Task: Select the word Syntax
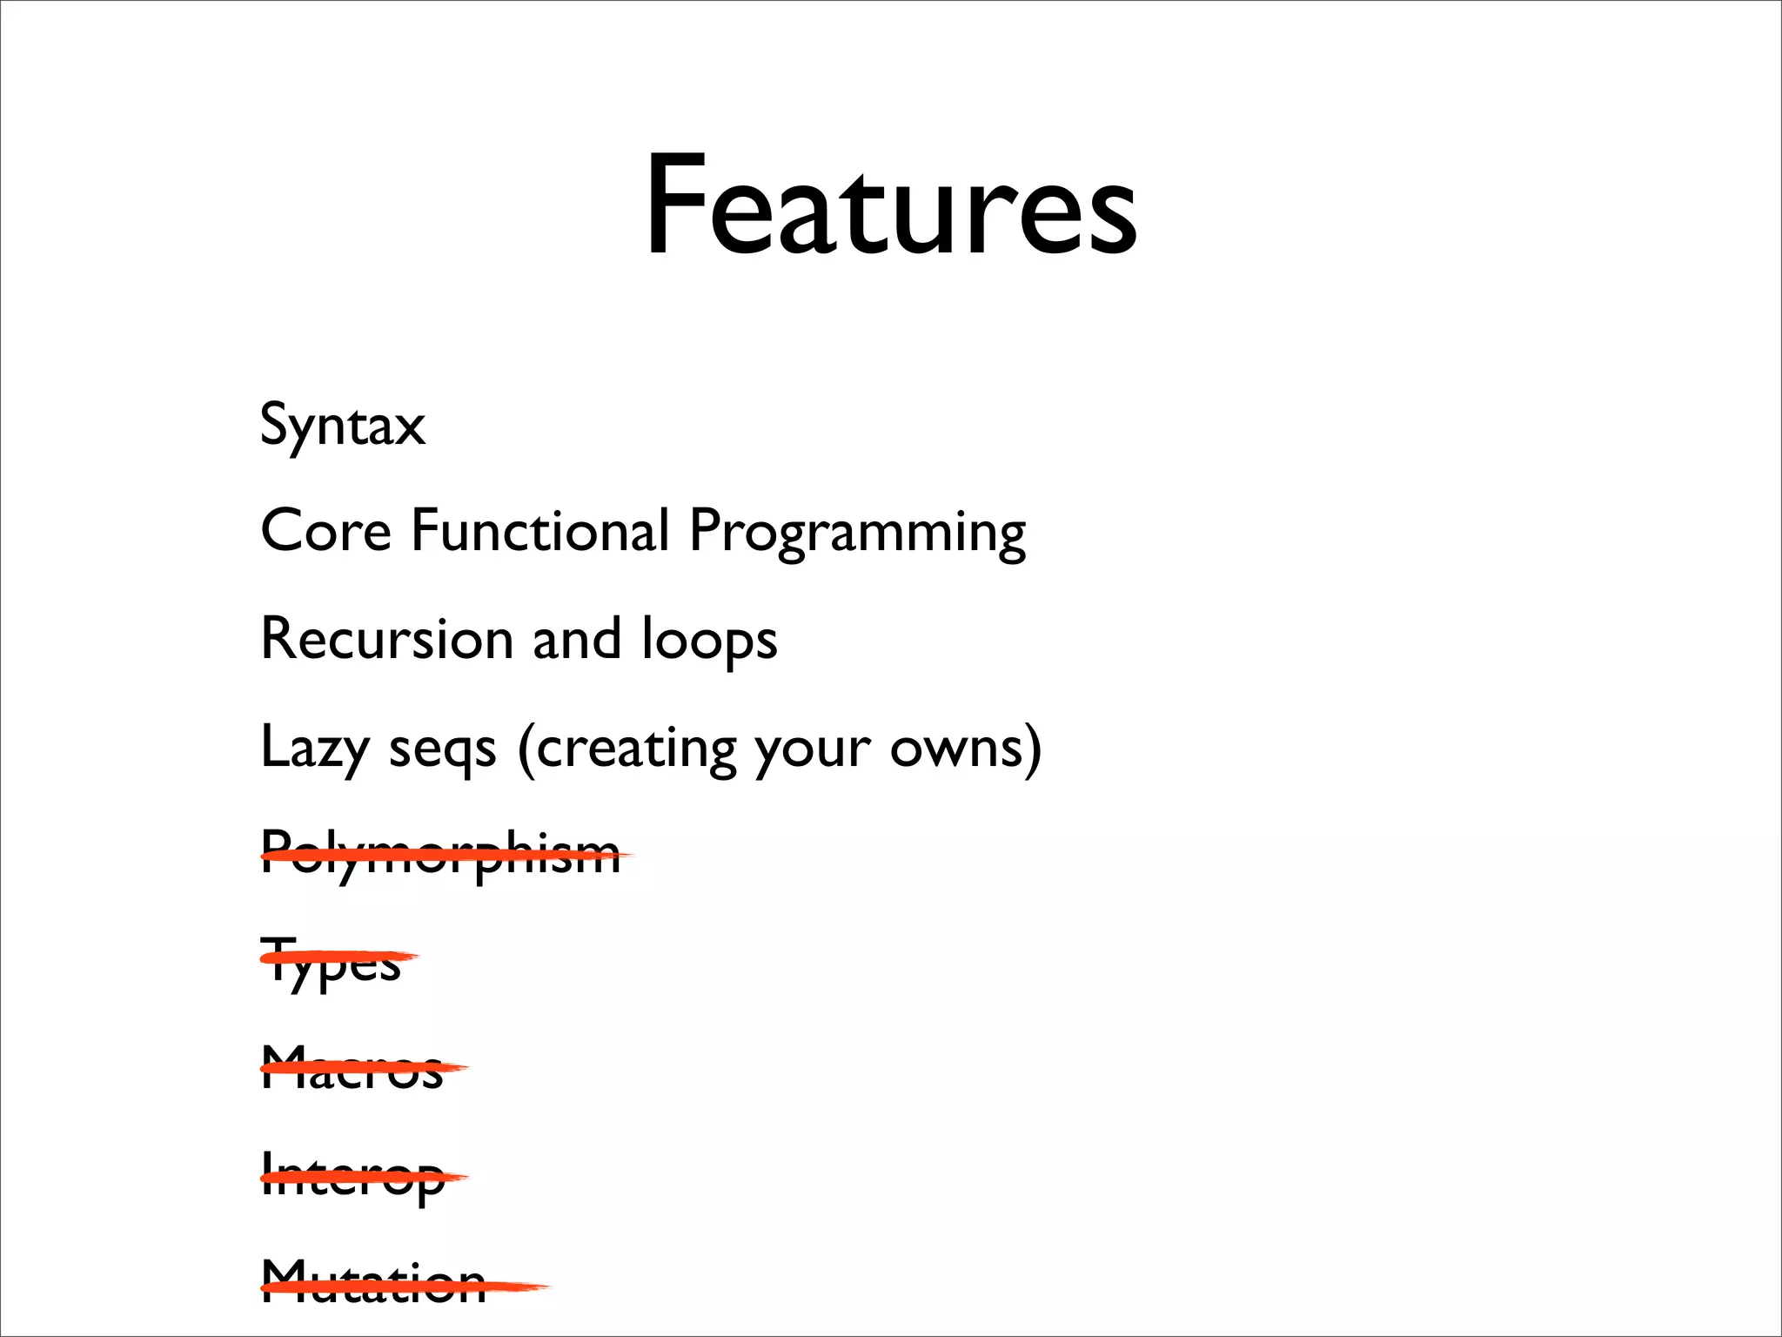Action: [343, 425]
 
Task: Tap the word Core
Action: [325, 530]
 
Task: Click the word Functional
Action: [539, 530]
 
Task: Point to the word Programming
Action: [857, 533]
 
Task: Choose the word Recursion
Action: [387, 638]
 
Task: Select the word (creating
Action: [626, 749]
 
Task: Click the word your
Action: [813, 750]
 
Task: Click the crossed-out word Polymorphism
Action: [441, 856]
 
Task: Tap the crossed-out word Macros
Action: [352, 1068]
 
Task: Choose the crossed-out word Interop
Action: [352, 1178]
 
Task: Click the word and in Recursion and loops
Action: [577, 638]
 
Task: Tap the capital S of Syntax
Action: [275, 424]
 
